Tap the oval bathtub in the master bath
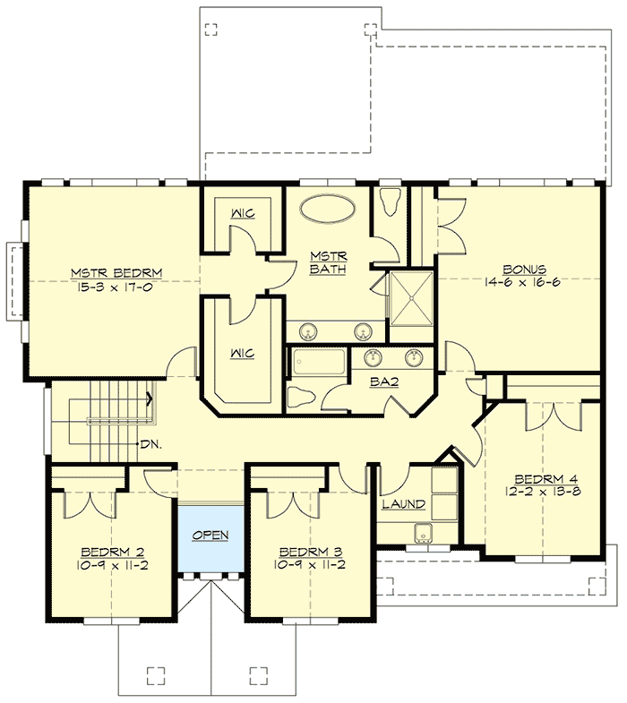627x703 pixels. [326, 209]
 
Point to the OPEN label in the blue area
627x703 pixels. [210, 536]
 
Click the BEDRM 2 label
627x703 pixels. [112, 552]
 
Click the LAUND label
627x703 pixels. [403, 505]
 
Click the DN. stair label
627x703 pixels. [150, 443]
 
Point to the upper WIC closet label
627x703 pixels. [241, 214]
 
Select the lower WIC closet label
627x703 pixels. [241, 353]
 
